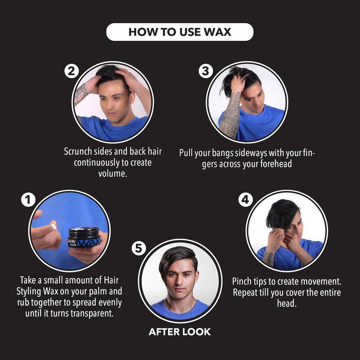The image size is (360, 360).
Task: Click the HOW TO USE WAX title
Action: coord(180,32)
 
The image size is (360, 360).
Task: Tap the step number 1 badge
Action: coord(28,199)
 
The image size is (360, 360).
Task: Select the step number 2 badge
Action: coord(72,71)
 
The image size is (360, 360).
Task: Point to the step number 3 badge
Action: coord(206,71)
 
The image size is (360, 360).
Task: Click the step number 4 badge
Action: coord(245,199)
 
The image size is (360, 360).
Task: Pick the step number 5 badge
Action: coord(139,248)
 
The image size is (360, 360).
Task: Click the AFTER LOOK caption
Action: coord(180,332)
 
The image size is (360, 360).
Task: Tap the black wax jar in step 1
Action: coord(84,237)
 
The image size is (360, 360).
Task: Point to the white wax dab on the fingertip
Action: coord(54,227)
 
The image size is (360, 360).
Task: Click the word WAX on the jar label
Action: coord(88,242)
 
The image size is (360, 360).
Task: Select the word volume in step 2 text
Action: coord(112,174)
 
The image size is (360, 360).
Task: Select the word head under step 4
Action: coord(287,303)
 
